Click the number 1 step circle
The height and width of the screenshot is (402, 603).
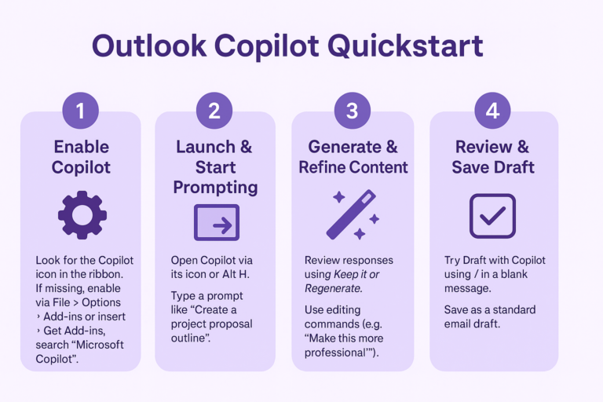(80, 111)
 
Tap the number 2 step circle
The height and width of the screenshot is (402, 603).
(214, 111)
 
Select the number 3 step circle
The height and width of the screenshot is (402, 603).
(352, 111)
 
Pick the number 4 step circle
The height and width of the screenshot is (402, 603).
(492, 111)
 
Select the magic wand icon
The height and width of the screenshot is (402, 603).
(353, 214)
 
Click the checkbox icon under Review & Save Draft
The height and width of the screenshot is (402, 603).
(492, 215)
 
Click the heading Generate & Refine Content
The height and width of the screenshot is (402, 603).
(353, 156)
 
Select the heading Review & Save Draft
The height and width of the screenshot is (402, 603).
(492, 156)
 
